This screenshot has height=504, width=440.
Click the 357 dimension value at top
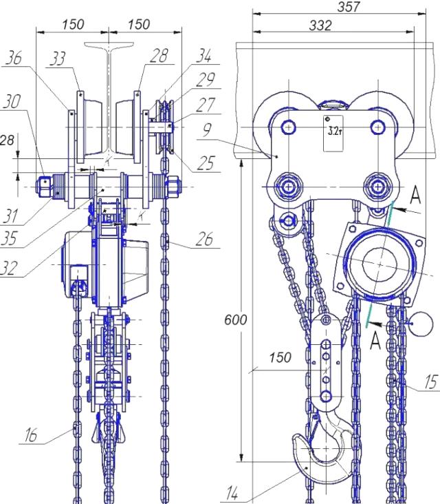pyautogui.click(x=348, y=7)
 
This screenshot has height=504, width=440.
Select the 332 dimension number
pyautogui.click(x=320, y=25)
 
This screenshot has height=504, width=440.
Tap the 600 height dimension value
pyautogui.click(x=236, y=320)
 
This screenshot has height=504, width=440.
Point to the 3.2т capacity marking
pyautogui.click(x=334, y=131)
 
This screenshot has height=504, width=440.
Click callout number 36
pyautogui.click(x=14, y=58)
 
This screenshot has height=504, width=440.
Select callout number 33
pyautogui.click(x=58, y=59)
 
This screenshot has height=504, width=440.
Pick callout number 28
pyautogui.click(x=159, y=55)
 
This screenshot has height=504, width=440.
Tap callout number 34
pyautogui.click(x=203, y=55)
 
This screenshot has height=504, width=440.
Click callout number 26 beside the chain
pyautogui.click(x=205, y=239)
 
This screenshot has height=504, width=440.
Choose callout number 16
pyautogui.click(x=31, y=435)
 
